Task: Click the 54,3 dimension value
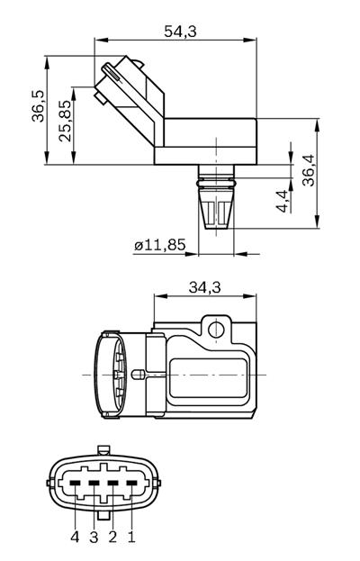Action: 181,32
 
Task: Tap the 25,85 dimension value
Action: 64,123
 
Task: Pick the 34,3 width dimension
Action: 205,287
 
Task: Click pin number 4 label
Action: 75,537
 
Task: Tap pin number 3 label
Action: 94,537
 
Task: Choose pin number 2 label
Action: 112,537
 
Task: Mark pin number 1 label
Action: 131,537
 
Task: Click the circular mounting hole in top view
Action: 215,329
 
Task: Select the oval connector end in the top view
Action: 112,374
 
